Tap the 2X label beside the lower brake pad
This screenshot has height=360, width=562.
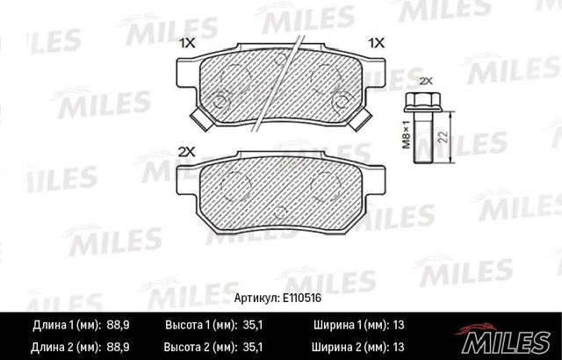click(186, 152)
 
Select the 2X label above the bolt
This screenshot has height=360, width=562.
click(427, 80)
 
